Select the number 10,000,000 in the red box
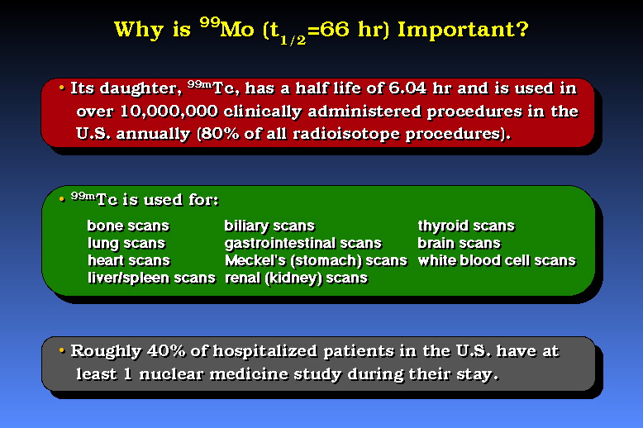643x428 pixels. point(169,112)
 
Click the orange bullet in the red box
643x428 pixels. point(62,88)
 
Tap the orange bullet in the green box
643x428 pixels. point(62,199)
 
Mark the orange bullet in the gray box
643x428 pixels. point(62,350)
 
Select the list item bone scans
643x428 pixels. point(128,226)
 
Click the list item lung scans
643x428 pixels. point(126,243)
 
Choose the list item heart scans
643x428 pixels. point(129,260)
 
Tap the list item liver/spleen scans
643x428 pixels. point(151,278)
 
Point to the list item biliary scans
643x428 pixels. point(269,226)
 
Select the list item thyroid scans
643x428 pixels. point(466,226)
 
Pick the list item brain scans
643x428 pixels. point(460,243)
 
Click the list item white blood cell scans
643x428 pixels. point(497,260)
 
